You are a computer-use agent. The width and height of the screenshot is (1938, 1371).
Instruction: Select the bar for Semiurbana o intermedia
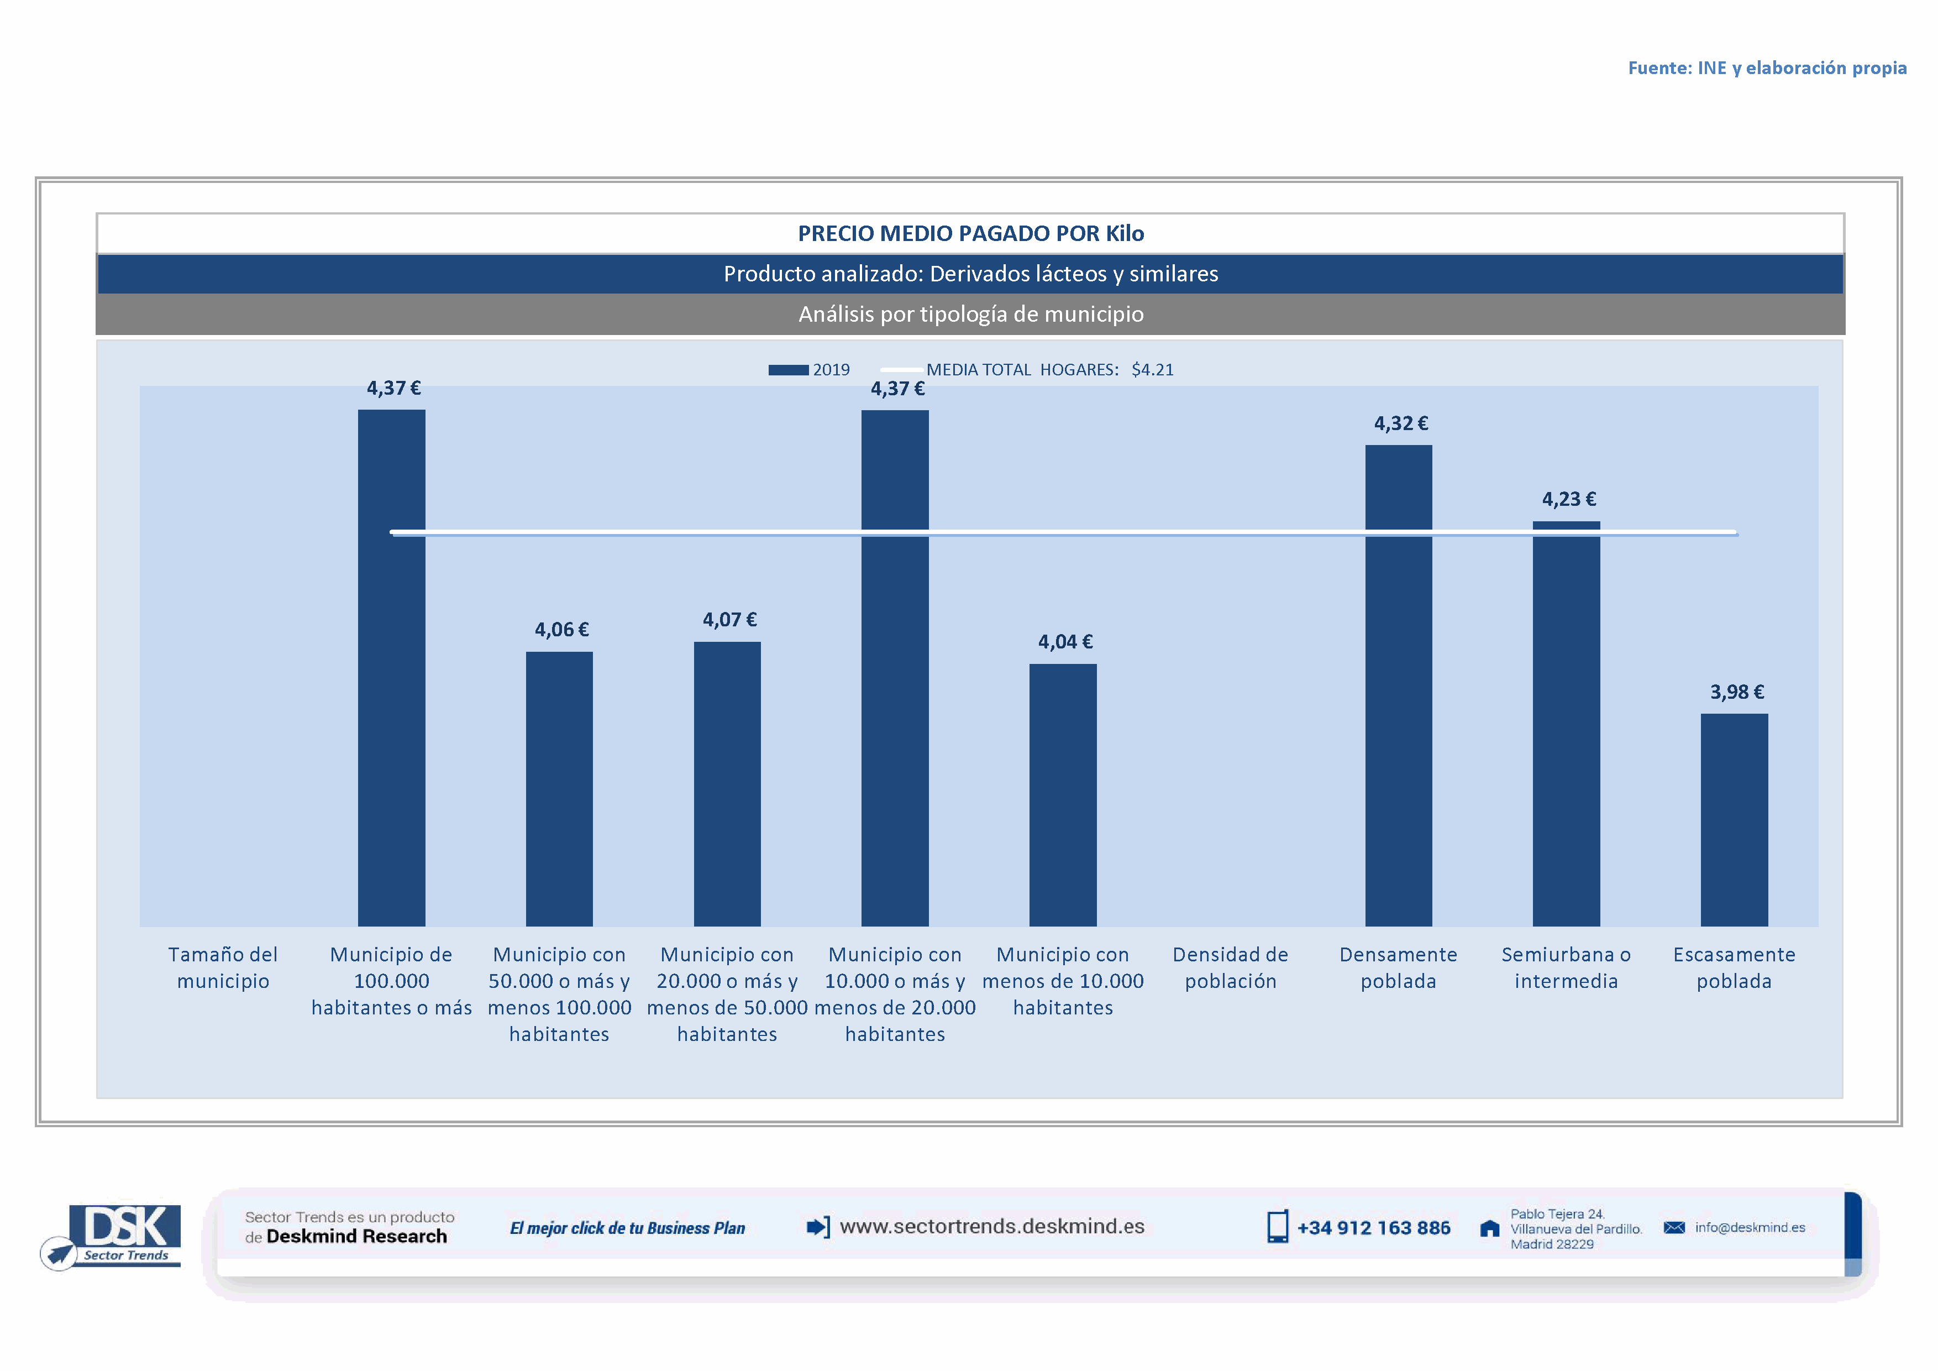tap(1566, 726)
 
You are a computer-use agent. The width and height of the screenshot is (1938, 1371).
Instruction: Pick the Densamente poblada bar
tap(1399, 684)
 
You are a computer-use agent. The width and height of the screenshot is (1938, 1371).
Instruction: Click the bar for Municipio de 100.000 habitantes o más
tap(392, 667)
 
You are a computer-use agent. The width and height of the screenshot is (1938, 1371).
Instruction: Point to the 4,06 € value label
tap(561, 630)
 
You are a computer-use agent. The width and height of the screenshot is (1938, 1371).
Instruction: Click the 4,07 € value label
tap(729, 620)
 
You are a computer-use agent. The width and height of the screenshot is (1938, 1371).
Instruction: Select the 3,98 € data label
tap(1736, 692)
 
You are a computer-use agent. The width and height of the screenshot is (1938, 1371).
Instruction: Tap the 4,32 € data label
tap(1400, 424)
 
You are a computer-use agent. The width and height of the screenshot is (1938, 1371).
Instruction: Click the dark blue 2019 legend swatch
tap(789, 370)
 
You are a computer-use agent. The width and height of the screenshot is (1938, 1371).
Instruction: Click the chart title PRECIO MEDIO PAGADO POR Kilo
tap(971, 234)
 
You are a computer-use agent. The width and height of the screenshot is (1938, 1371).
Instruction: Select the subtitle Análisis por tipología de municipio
tap(971, 314)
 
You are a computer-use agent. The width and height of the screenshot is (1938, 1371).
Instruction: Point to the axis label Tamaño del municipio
tap(223, 967)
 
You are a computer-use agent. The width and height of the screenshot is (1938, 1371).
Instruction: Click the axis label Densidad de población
tap(1230, 967)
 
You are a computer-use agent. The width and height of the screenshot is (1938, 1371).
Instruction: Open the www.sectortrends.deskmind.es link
tap(992, 1227)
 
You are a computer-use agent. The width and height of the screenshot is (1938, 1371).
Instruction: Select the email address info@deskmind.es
tap(1750, 1227)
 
